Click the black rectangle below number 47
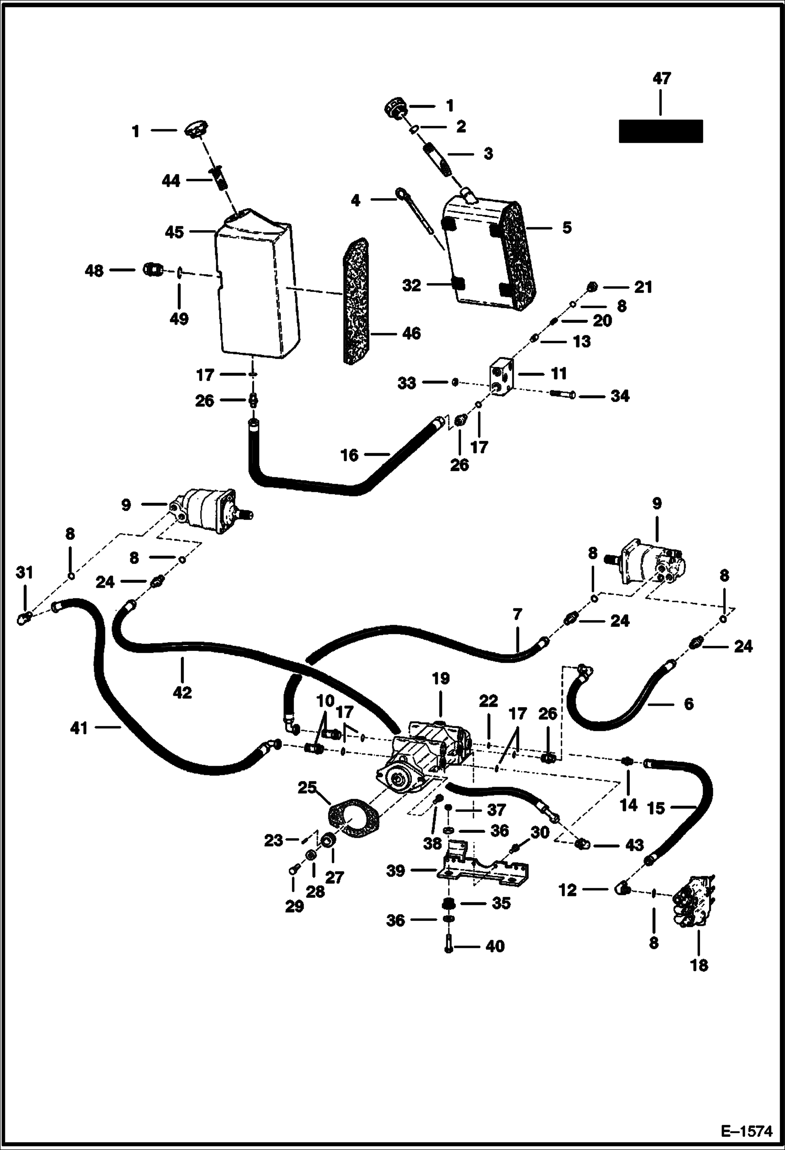point(660,131)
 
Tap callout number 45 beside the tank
point(175,232)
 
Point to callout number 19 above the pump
point(441,679)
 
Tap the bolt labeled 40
point(448,946)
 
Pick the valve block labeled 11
point(502,375)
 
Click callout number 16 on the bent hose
point(349,455)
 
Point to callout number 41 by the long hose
point(79,728)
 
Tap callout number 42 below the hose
point(182,692)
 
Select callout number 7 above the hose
point(517,614)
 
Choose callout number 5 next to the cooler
point(567,227)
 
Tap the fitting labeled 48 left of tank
point(152,270)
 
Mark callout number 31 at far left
point(24,573)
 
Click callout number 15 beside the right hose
point(656,808)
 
